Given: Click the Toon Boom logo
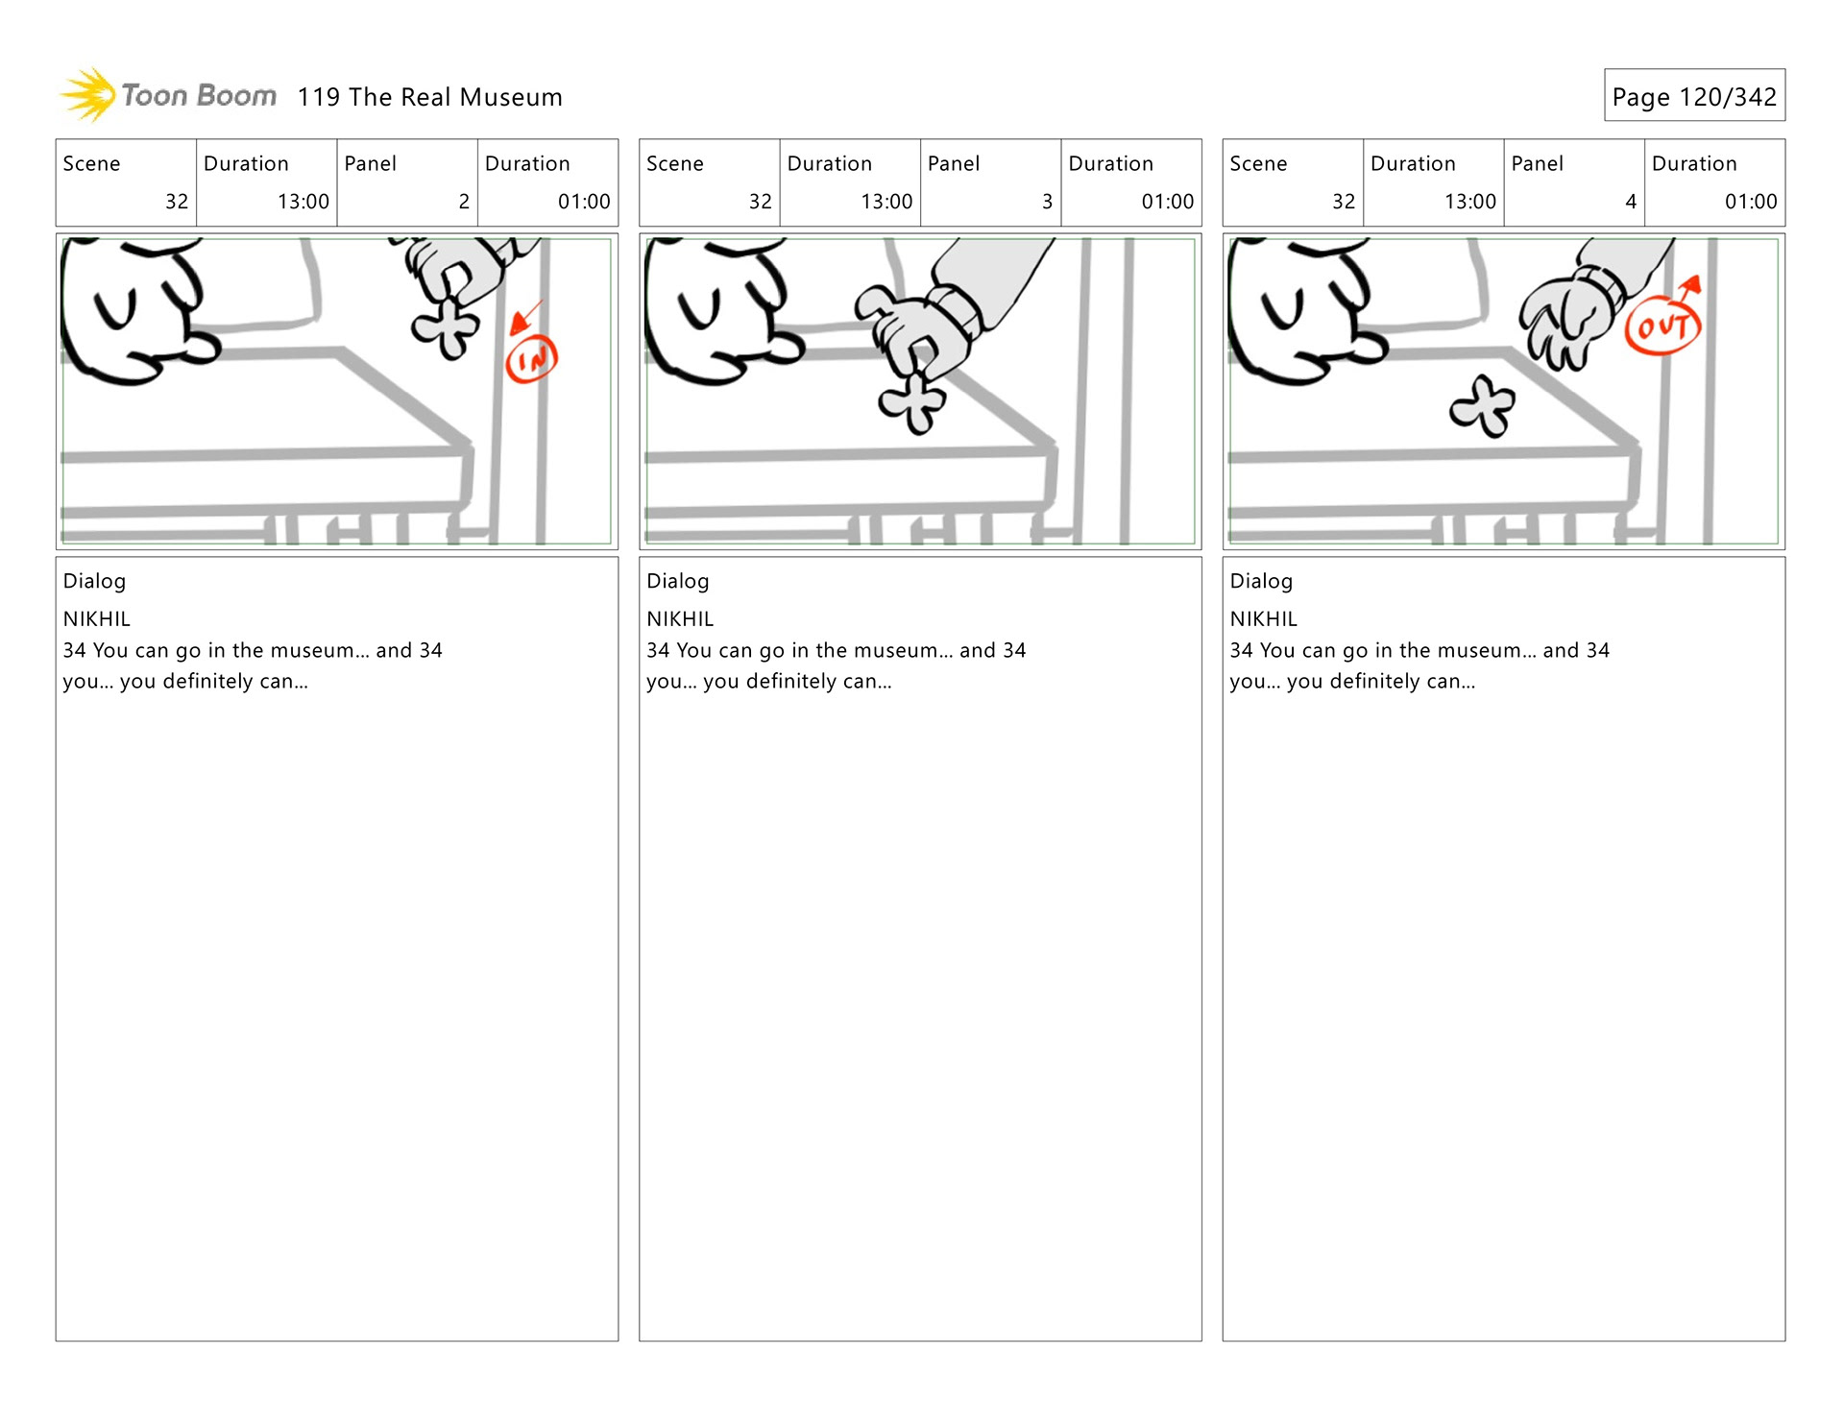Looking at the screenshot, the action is pyautogui.click(x=168, y=95).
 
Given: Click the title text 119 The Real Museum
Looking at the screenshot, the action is pyautogui.click(x=429, y=97).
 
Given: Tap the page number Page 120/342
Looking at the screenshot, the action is pyautogui.click(x=1694, y=96).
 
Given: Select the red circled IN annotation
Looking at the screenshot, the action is pyautogui.click(x=531, y=359).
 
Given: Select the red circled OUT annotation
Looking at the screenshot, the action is pyautogui.click(x=1662, y=326).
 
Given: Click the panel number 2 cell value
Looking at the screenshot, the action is pyautogui.click(x=464, y=202).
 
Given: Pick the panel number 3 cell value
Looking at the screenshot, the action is pyautogui.click(x=1047, y=202).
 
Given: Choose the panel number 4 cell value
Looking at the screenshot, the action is pyautogui.click(x=1631, y=202).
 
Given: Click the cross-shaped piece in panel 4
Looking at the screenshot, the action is pyautogui.click(x=1482, y=405).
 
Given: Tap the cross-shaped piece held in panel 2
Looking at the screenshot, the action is pyautogui.click(x=446, y=327).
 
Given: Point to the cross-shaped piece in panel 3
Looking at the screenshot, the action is pyautogui.click(x=912, y=400).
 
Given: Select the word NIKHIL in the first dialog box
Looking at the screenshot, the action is pyautogui.click(x=97, y=619).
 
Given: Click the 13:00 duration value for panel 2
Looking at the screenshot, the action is pyautogui.click(x=303, y=202).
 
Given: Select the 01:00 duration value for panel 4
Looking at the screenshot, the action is pyautogui.click(x=1751, y=202).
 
